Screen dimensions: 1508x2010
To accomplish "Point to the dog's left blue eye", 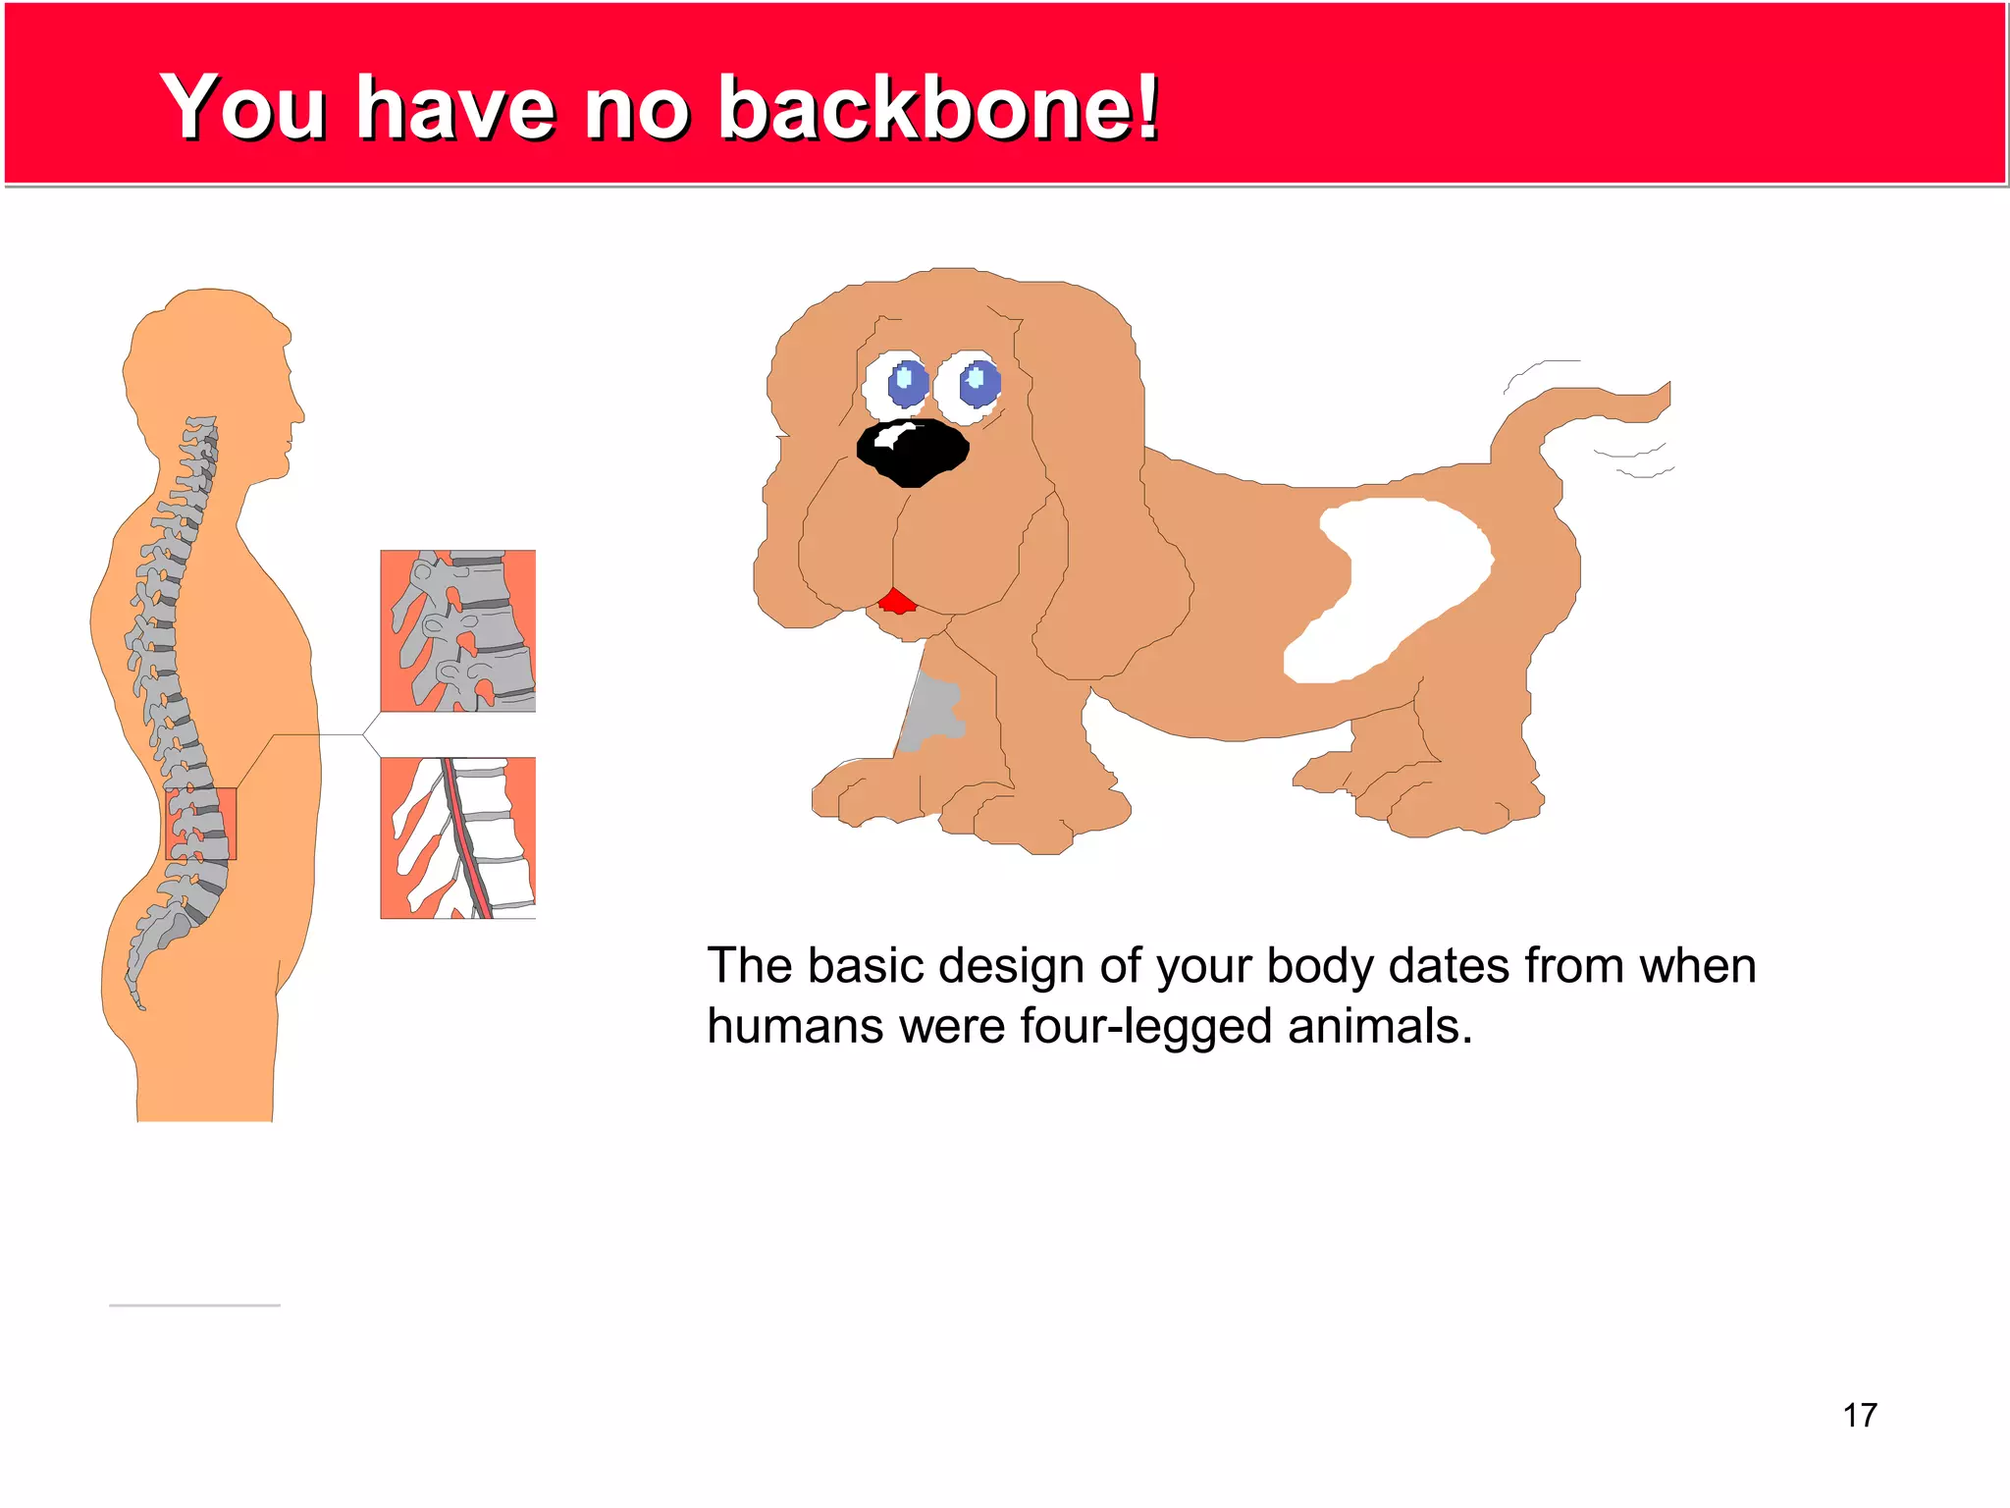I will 907,383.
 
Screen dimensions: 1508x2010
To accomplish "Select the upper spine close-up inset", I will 458,630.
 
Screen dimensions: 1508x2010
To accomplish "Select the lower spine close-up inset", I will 458,837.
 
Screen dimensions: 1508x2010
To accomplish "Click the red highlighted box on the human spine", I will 201,823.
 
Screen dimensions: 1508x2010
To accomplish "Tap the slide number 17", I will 1859,1415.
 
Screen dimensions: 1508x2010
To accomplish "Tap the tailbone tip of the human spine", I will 140,1003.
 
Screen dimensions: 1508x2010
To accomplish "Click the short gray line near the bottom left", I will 194,1305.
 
